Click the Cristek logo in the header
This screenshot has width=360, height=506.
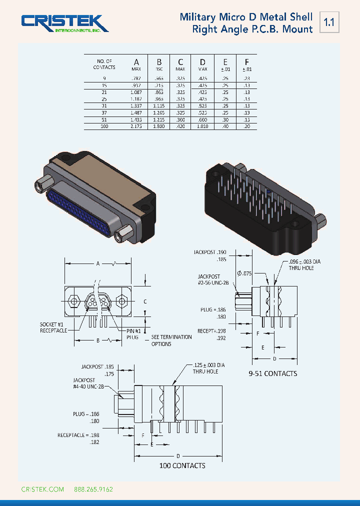pos(64,23)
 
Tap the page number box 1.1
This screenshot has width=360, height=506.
pos(329,22)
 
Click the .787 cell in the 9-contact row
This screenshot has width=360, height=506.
pos(135,78)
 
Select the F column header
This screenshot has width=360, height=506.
pos(246,62)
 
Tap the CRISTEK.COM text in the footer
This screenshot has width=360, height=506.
pos(42,489)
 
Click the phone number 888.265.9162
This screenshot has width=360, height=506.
pos(93,489)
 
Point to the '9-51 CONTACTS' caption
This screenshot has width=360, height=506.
pos(272,373)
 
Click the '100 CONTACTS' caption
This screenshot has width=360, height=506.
pos(182,465)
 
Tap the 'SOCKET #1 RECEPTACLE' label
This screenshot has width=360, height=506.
pos(53,327)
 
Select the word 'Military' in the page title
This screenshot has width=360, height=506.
pos(198,17)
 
